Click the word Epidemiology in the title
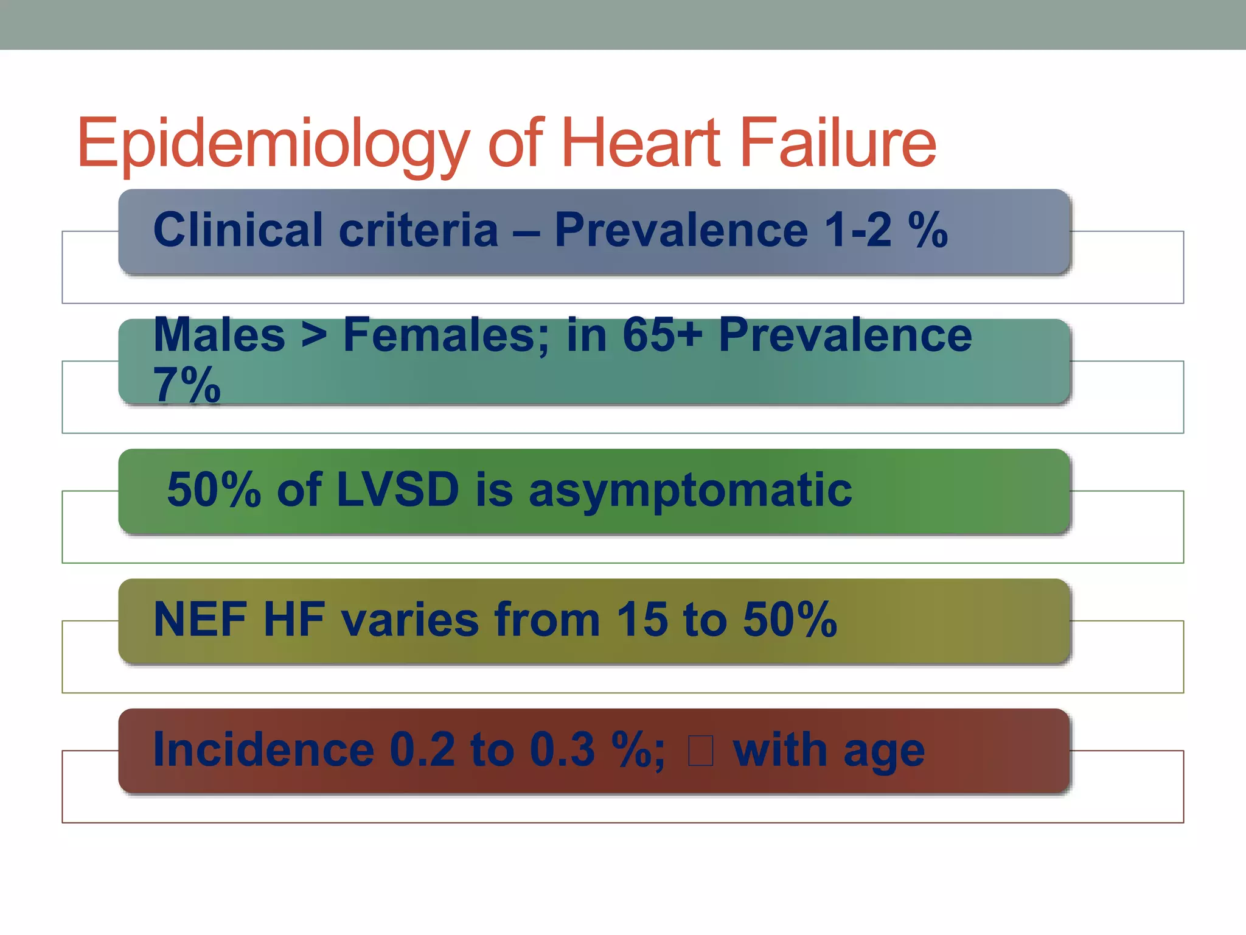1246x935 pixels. click(x=273, y=144)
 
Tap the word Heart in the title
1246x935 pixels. click(x=639, y=144)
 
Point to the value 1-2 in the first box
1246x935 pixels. click(x=858, y=230)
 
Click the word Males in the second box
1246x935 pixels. click(x=219, y=335)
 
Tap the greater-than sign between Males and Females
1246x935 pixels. click(x=314, y=335)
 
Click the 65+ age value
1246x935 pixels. click(x=663, y=335)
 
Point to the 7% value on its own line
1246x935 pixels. click(x=187, y=385)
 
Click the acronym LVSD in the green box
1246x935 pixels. click(x=397, y=490)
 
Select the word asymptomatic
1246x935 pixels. click(x=690, y=490)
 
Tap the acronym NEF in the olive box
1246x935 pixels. click(x=200, y=620)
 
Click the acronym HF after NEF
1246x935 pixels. click(x=294, y=620)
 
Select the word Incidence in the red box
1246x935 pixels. click(x=263, y=750)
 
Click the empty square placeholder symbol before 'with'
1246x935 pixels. click(x=700, y=750)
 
